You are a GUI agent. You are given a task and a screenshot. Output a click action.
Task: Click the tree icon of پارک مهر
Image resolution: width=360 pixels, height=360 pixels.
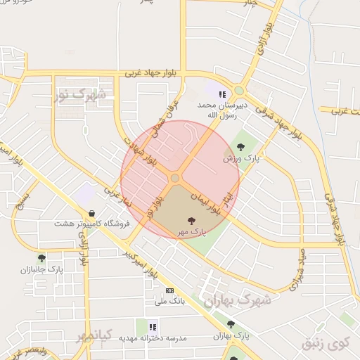pyautogui.click(x=192, y=221)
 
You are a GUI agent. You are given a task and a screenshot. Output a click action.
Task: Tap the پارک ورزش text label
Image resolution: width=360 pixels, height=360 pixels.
pyautogui.click(x=237, y=159)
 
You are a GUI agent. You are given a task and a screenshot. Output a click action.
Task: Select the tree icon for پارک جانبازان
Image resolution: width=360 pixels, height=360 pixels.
pyautogui.click(x=41, y=258)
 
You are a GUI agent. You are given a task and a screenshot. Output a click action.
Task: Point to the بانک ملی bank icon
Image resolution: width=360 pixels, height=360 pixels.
pyautogui.click(x=169, y=290)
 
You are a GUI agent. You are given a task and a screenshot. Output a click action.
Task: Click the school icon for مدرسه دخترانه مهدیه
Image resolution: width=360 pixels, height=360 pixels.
pyautogui.click(x=153, y=326)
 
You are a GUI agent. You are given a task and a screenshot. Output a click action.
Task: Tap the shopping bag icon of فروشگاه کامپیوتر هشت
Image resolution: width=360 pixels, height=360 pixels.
pyautogui.click(x=91, y=213)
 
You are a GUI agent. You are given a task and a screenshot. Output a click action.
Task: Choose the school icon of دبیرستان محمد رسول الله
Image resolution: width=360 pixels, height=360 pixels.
pyautogui.click(x=222, y=94)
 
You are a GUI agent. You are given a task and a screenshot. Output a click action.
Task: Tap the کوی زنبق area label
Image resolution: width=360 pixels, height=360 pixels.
pyautogui.click(x=325, y=344)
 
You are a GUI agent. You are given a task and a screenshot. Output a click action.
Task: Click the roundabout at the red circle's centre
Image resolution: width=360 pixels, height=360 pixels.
pyautogui.click(x=174, y=179)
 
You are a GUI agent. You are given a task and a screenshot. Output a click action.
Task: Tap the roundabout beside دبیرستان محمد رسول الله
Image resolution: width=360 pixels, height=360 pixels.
pyautogui.click(x=240, y=91)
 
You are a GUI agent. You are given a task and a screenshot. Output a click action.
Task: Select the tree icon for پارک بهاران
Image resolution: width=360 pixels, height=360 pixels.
pyautogui.click(x=230, y=323)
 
